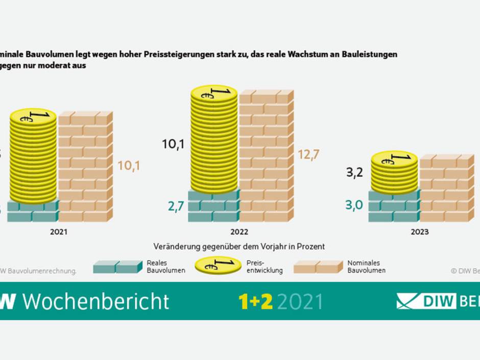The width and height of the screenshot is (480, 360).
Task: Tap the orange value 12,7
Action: pos(309,155)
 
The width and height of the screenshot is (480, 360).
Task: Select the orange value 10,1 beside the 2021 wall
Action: pos(129,165)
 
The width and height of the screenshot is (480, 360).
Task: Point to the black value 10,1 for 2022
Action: pos(173,145)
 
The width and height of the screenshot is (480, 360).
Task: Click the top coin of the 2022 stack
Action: pos(214,93)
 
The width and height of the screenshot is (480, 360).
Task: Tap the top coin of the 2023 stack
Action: pos(394,159)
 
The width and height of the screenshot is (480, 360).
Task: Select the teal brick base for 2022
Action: pos(213,206)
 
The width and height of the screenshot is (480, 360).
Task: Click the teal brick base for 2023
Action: pos(393,206)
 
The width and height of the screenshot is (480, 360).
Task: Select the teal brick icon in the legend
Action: pos(117,267)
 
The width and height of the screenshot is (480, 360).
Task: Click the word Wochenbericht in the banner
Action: pos(96,301)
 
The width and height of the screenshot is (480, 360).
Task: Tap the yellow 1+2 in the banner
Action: pos(256,301)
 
